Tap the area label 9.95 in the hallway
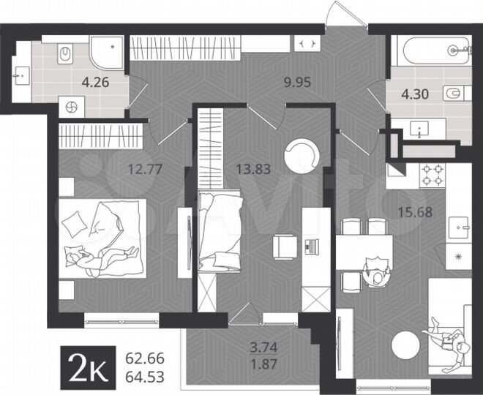coord(298,82)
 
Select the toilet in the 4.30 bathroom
coord(454,93)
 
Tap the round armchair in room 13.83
coord(302,156)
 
